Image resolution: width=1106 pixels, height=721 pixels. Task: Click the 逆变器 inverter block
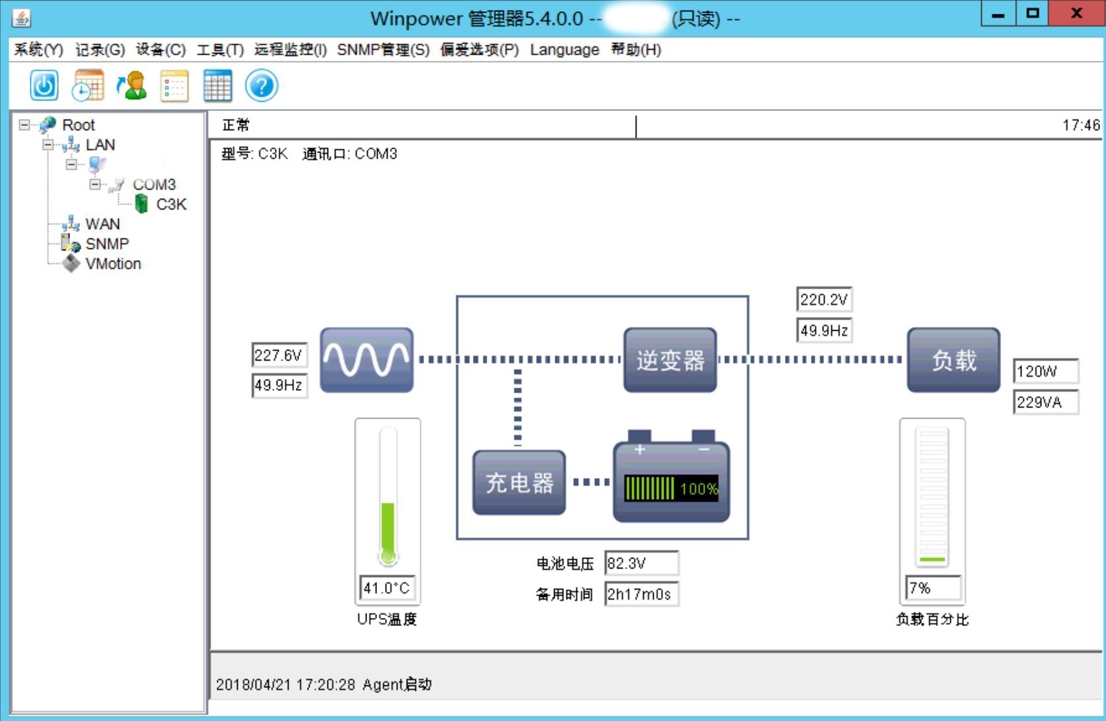pyautogui.click(x=670, y=360)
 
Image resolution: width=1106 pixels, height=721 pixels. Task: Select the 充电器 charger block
pyautogui.click(x=519, y=483)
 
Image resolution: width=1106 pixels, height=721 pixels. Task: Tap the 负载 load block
pyautogui.click(x=953, y=360)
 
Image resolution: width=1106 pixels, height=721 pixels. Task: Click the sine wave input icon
pyautogui.click(x=366, y=360)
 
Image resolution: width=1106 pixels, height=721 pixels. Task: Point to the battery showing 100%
pyautogui.click(x=671, y=482)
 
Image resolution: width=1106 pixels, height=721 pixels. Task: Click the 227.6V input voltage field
pyautogui.click(x=279, y=355)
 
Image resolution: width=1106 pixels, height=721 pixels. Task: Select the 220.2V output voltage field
pyautogui.click(x=824, y=300)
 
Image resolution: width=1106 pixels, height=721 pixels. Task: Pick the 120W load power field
pyautogui.click(x=1045, y=371)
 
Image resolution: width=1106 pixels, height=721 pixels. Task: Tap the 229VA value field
pyautogui.click(x=1045, y=402)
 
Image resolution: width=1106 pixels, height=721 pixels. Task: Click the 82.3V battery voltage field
pyautogui.click(x=640, y=563)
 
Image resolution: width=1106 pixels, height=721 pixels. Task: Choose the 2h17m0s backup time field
pyautogui.click(x=640, y=594)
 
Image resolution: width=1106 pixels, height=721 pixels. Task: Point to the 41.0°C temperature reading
pyautogui.click(x=387, y=588)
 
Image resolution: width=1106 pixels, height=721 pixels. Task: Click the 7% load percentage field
pyautogui.click(x=932, y=588)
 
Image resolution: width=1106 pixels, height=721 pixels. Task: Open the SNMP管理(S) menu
pyautogui.click(x=383, y=50)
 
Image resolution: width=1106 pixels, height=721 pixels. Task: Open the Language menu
pyautogui.click(x=564, y=50)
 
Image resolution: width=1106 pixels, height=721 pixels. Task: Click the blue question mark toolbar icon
pyautogui.click(x=261, y=86)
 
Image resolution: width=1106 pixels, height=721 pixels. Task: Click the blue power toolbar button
pyautogui.click(x=44, y=86)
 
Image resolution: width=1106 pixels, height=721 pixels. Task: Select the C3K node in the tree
pyautogui.click(x=170, y=205)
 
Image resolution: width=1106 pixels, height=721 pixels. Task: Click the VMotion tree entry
pyautogui.click(x=113, y=264)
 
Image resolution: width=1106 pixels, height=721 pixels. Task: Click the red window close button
pyautogui.click(x=1076, y=14)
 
